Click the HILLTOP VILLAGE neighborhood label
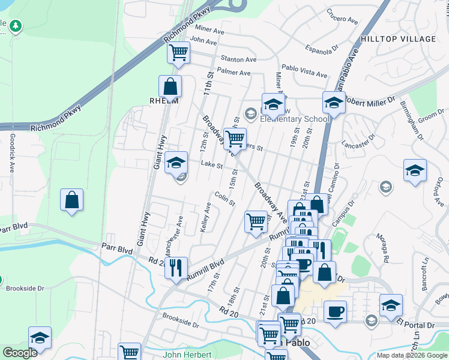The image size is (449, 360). (398, 39)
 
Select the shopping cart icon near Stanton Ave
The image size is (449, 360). (178, 53)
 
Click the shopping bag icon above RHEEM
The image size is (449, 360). (170, 86)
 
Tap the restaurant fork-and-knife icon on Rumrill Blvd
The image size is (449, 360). (176, 267)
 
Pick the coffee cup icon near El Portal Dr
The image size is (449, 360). (335, 311)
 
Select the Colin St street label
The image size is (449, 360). (224, 199)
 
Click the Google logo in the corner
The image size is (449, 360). (20, 353)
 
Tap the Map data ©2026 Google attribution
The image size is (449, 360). (411, 355)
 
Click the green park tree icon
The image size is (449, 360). (16, 26)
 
